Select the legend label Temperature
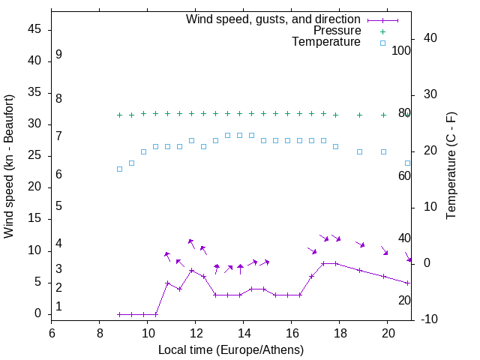point(326,42)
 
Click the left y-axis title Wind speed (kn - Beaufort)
point(9,166)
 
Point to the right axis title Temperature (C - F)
point(451,166)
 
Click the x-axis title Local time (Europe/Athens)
point(231,349)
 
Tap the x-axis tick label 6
point(52,333)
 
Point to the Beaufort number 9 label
point(58,55)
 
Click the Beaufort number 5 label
point(58,206)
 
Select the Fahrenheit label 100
point(402,50)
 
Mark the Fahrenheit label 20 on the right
point(404,300)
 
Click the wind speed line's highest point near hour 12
point(192,271)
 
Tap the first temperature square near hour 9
point(120,169)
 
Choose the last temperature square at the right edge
point(408,163)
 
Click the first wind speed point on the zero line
point(120,314)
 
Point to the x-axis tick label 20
point(387,333)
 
